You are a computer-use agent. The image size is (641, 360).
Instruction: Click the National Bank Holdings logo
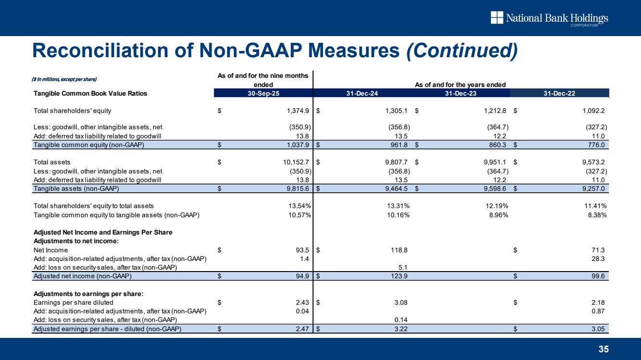549,19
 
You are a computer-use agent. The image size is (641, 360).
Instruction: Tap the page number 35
603,349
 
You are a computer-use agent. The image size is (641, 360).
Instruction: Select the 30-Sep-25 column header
263,93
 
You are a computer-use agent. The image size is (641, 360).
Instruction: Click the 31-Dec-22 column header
559,93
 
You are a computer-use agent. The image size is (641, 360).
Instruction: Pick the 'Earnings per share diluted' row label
73,302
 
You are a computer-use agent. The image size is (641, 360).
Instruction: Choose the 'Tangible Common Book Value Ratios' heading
90,94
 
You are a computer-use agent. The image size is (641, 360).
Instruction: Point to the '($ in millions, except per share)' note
65,79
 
